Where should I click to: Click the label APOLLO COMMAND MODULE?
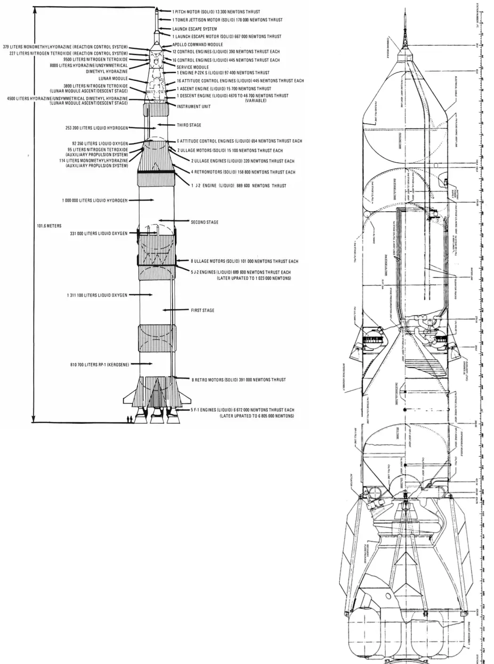198,45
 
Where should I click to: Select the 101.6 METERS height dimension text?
49,226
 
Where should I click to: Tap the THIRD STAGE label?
189,125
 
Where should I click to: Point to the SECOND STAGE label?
204,222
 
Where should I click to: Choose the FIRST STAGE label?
202,310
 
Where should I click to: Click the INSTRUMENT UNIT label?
193,107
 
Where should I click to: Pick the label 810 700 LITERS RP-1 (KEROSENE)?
98,364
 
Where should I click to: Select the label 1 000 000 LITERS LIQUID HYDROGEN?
95,200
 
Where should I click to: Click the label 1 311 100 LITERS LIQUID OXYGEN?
97,295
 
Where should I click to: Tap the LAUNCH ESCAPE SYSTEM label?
194,29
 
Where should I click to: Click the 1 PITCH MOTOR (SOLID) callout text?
216,12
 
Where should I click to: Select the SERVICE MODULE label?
192,67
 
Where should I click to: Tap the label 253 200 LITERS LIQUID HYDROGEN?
96,127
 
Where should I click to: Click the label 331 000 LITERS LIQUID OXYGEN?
99,233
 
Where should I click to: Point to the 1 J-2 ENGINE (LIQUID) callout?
239,186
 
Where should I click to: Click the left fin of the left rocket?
127,395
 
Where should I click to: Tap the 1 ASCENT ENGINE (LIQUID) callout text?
224,88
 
